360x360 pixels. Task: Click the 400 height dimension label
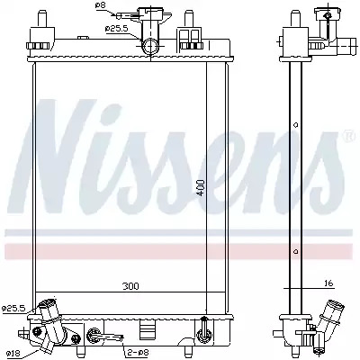[x=201, y=188]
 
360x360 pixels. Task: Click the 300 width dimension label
[x=130, y=286]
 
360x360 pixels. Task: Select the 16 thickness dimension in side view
[x=328, y=283]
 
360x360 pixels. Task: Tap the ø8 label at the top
[x=100, y=5]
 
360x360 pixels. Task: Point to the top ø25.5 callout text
[x=117, y=29]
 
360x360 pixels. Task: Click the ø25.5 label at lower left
[x=13, y=308]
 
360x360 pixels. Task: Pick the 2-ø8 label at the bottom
[x=139, y=352]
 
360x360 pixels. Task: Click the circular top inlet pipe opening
[x=150, y=47]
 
